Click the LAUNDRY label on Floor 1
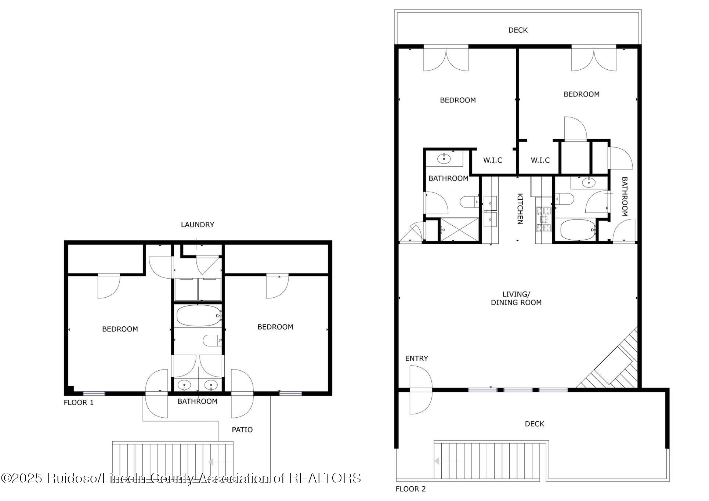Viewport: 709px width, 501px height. coord(197,225)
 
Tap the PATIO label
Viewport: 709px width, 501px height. coord(242,429)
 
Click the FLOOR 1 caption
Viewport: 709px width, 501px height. coord(79,402)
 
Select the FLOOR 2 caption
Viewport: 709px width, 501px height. coord(410,489)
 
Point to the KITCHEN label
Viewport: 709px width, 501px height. coord(520,208)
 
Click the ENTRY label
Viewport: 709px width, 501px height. coord(416,358)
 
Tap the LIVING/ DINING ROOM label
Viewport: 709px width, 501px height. coord(516,298)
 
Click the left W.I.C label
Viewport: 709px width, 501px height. coord(492,160)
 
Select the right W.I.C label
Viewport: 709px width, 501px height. coord(540,160)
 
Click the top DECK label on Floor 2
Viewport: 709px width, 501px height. coord(518,30)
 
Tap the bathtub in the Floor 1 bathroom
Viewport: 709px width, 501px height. coord(198,316)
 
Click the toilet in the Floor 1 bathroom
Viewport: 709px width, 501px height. coord(212,340)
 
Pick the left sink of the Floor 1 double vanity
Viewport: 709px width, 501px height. coord(184,385)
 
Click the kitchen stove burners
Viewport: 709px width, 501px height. coord(544,219)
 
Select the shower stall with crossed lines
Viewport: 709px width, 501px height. coord(460,229)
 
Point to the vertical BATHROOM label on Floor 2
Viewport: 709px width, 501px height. coord(624,196)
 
